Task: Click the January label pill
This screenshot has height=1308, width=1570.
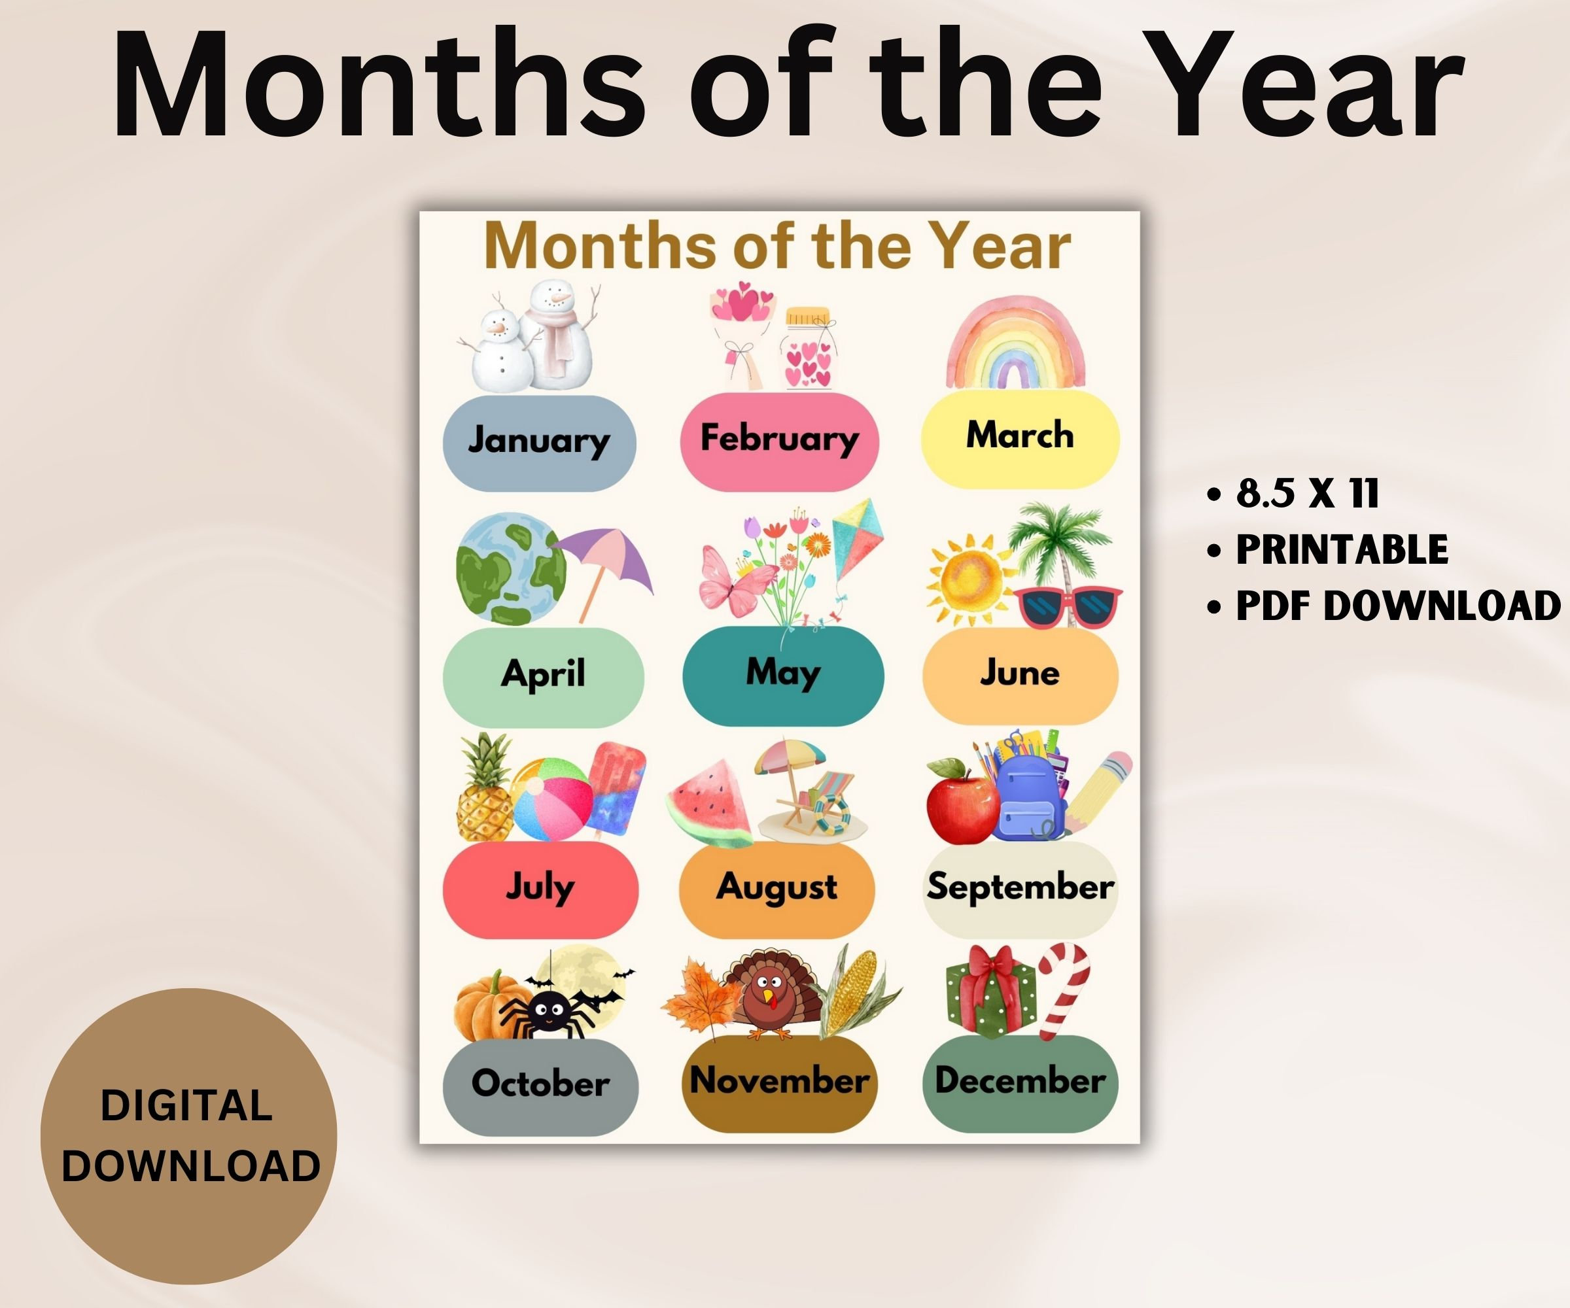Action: [539, 443]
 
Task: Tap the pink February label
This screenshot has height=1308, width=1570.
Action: [779, 441]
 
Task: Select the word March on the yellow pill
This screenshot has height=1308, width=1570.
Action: [1020, 435]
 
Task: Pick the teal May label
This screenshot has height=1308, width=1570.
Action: [783, 675]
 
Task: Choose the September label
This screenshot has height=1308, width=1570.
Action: [1020, 888]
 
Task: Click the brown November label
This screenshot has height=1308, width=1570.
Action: [779, 1082]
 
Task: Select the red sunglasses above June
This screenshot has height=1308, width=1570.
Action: [1068, 606]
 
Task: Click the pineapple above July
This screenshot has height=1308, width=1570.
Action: [485, 792]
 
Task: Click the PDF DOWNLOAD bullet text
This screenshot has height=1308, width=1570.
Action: [1398, 606]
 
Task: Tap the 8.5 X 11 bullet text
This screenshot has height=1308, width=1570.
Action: [1307, 494]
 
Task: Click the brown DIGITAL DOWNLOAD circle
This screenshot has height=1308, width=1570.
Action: [188, 1136]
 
